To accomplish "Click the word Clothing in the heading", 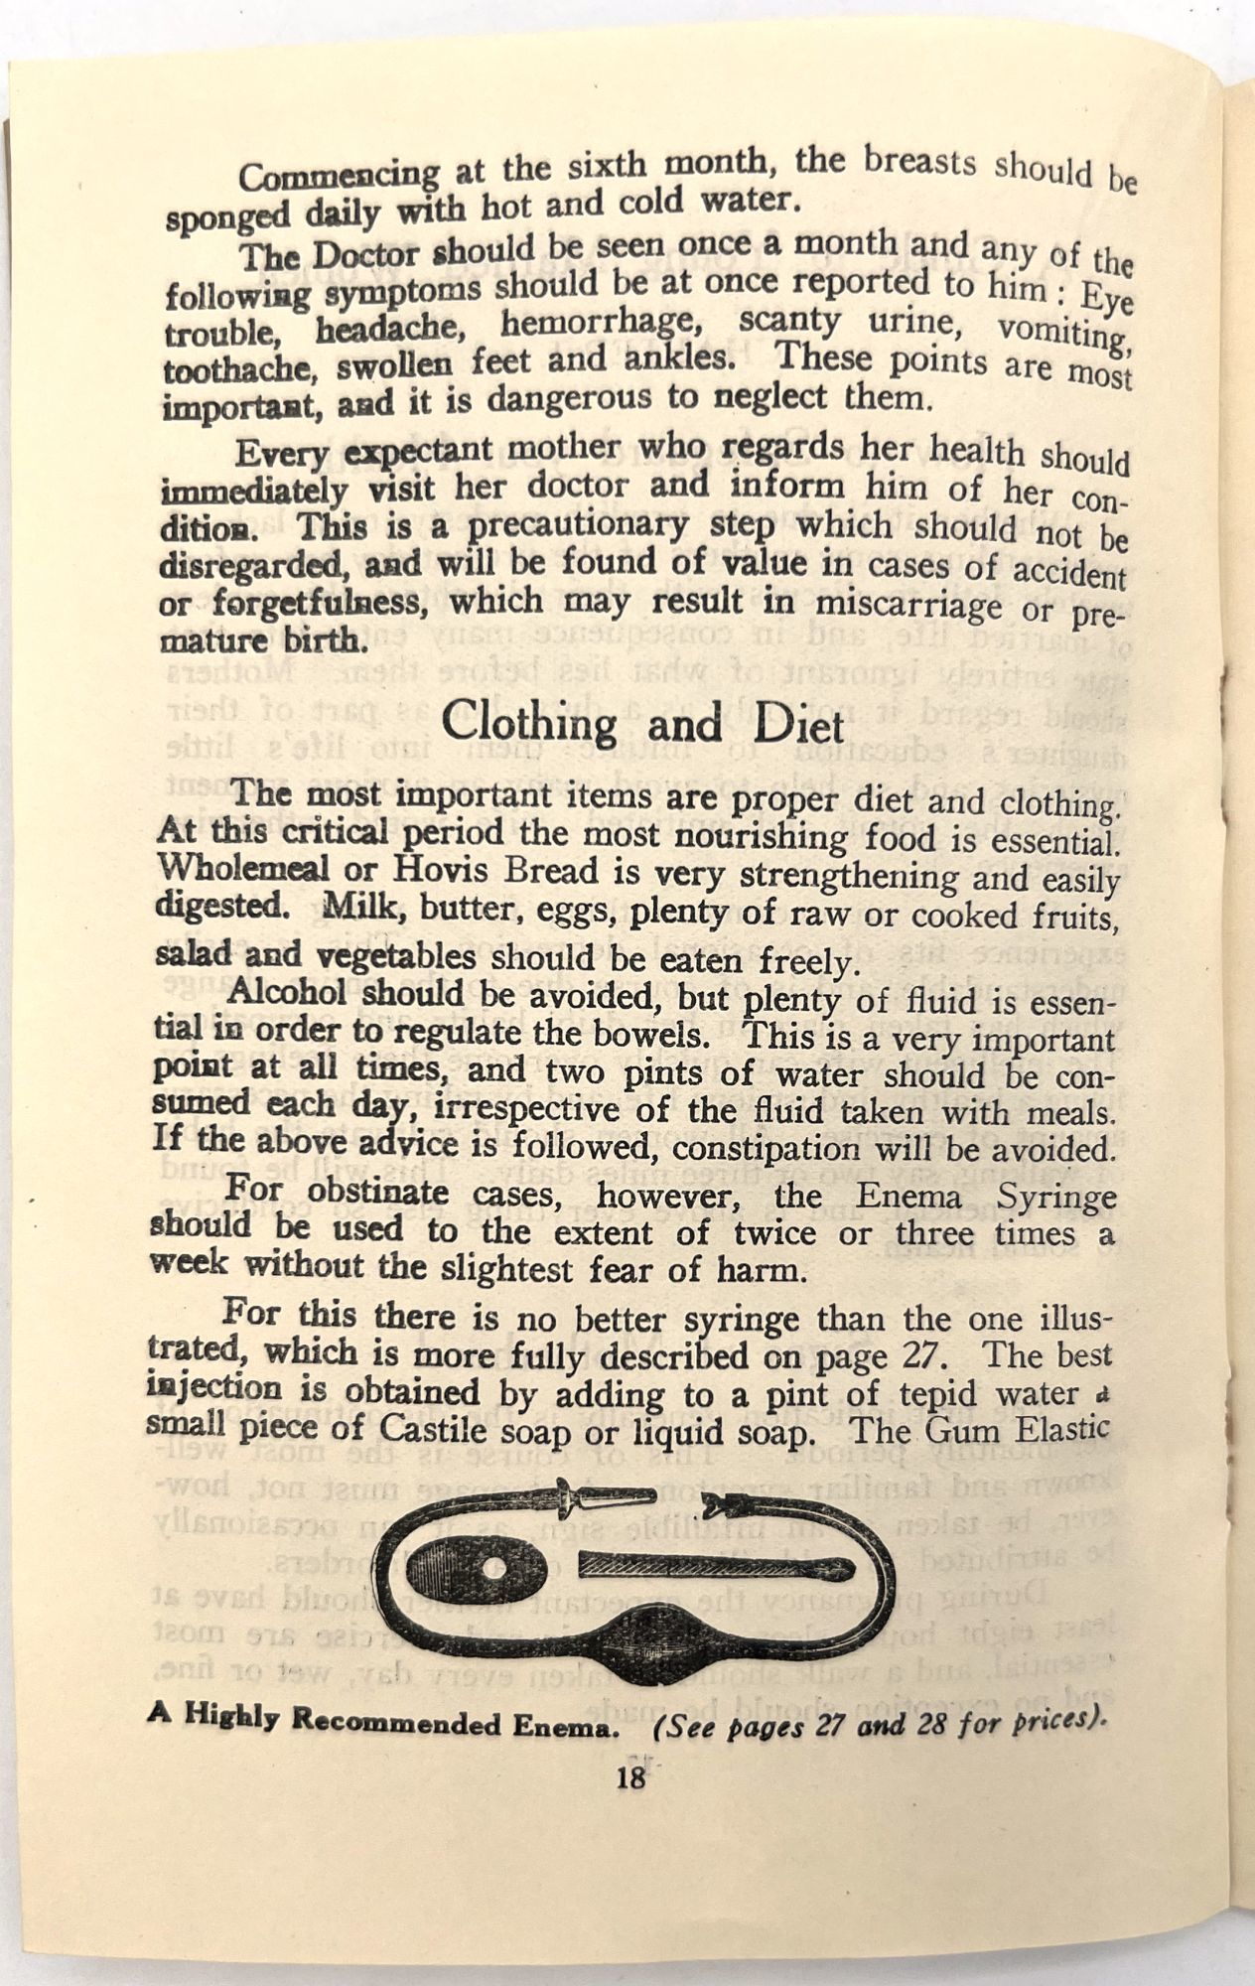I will pos(529,722).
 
